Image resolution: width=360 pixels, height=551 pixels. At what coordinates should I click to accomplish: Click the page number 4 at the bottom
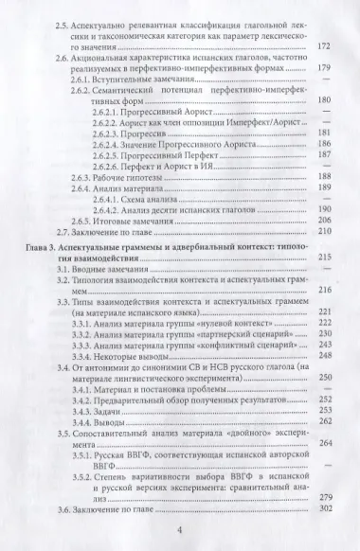(179, 531)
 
